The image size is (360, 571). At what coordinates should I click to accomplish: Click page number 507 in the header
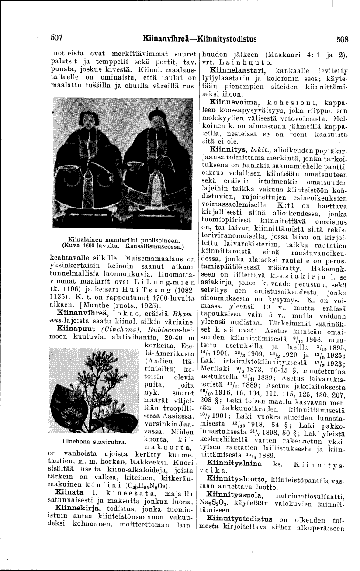pyautogui.click(x=57, y=38)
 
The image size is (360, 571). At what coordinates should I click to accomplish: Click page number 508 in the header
pyautogui.click(x=343, y=39)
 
